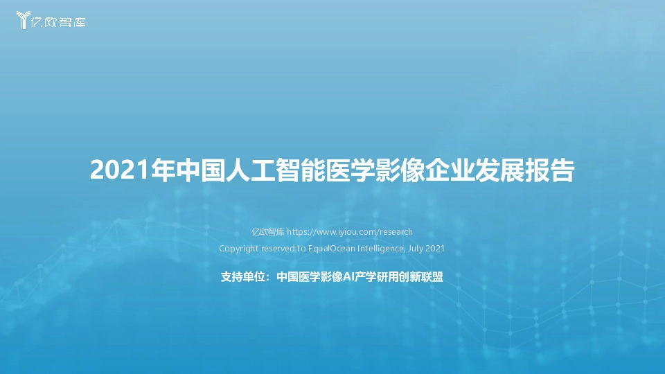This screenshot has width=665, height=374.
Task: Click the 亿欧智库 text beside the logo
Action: click(60, 21)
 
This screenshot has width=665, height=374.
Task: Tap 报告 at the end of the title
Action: click(551, 170)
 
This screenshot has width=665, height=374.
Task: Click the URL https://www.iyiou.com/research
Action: click(350, 232)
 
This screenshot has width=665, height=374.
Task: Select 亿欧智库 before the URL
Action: click(267, 232)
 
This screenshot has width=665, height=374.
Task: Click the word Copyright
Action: click(238, 248)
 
